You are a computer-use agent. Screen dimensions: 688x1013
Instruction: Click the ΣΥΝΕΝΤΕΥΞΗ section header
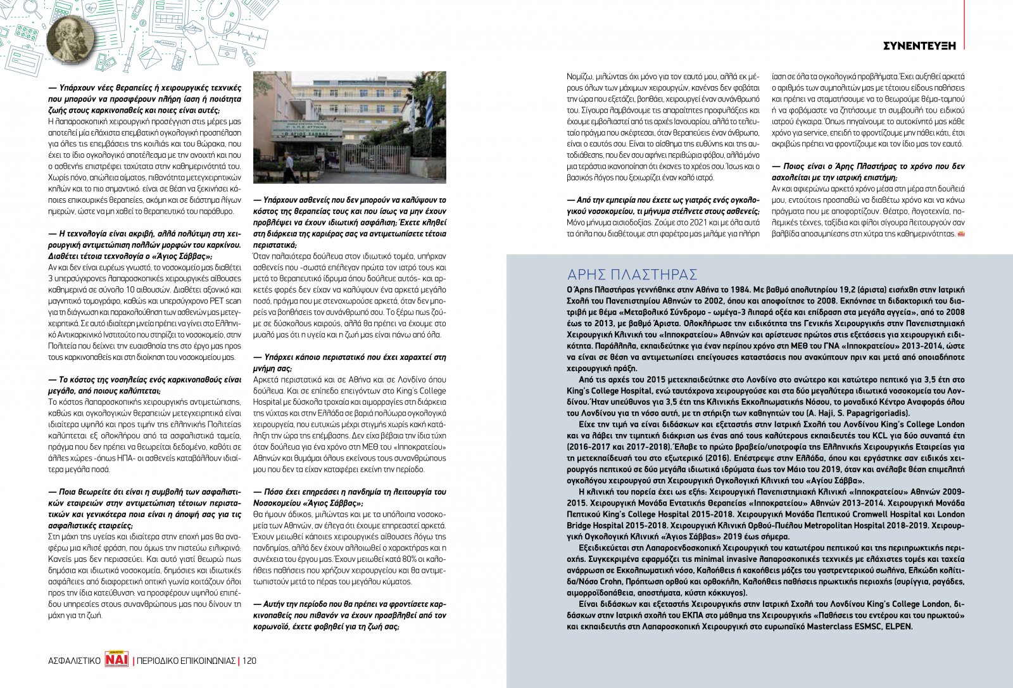coord(919,45)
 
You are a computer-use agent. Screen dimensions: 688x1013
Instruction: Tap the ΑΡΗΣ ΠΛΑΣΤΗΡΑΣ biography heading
coord(632,274)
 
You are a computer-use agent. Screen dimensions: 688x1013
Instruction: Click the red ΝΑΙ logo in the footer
coord(117,660)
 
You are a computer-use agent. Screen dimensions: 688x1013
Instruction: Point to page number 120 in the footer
coord(249,661)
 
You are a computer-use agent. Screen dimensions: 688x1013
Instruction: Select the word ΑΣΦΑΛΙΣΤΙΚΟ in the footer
coord(74,661)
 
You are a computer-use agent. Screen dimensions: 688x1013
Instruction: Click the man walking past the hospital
coord(289,166)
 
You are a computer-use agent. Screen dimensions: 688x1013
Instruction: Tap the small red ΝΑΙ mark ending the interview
coord(960,234)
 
